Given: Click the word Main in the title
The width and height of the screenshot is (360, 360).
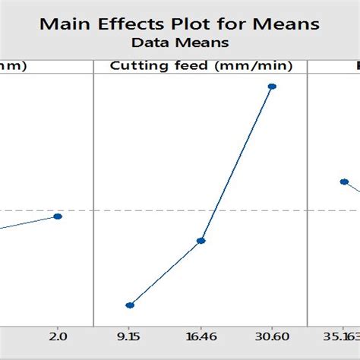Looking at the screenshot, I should pos(63,23).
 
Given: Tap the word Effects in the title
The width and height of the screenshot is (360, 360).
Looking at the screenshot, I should pos(132,23).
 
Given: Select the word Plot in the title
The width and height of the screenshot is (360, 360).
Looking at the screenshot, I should pos(197,23).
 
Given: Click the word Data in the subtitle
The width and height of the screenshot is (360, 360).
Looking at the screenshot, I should pos(149,43).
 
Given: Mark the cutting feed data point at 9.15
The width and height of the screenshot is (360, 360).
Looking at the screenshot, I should pos(130,305).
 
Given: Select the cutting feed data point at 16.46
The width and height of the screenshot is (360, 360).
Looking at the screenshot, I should pos(201,241).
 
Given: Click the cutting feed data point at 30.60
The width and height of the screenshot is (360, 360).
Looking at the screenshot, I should pos(272,87).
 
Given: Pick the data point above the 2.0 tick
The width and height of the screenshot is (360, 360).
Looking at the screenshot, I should pos(58,216).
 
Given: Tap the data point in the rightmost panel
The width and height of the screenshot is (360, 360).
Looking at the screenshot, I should pos(343,182).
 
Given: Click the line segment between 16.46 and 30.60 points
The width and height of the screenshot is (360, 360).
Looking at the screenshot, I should pos(236,164).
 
